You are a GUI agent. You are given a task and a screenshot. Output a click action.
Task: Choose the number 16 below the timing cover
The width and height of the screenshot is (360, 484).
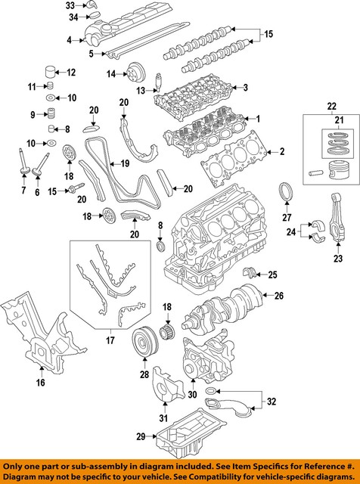pos(40,383)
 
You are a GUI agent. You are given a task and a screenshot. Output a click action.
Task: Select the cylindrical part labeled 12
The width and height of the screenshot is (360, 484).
pos(51,73)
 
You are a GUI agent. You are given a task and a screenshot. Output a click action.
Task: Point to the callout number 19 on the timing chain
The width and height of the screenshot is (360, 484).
pos(124,162)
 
